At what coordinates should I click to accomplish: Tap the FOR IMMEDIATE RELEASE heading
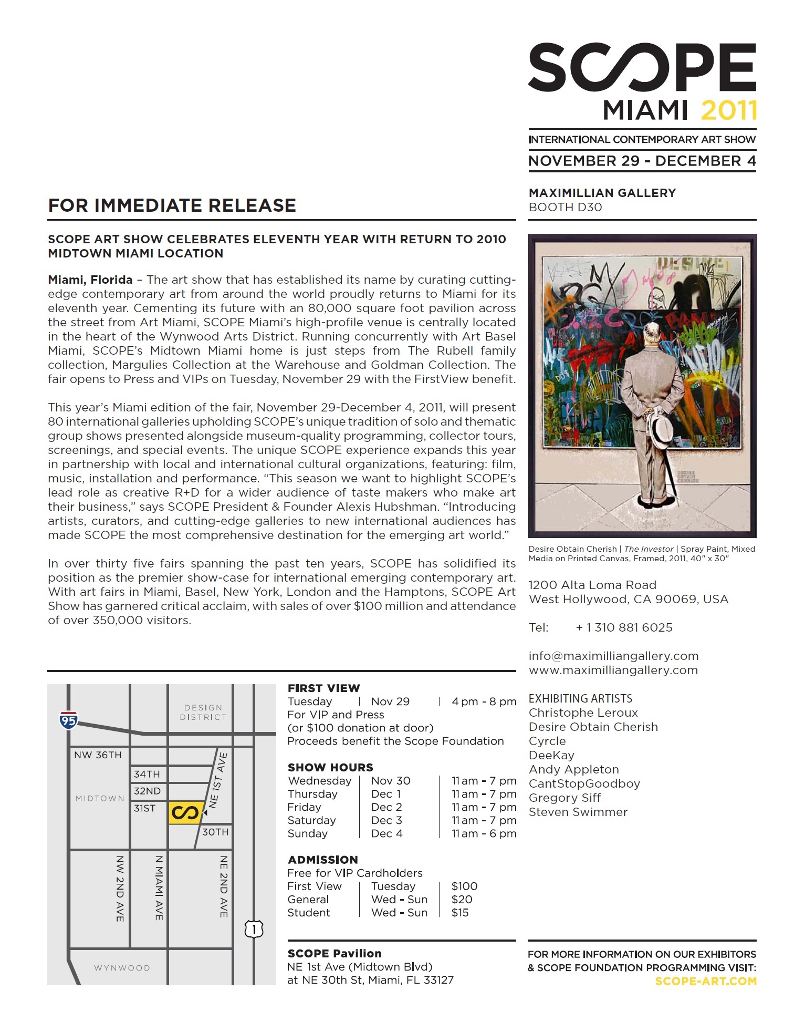172,205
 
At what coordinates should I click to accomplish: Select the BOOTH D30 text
565,208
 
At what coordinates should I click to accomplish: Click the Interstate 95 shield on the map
69,720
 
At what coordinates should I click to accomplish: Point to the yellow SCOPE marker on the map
185,812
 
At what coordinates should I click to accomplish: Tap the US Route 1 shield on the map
254,928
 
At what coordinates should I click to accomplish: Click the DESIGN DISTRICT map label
203,713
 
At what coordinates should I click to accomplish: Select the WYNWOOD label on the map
122,967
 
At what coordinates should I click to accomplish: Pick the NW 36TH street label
98,755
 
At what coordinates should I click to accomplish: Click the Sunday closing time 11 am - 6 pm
484,833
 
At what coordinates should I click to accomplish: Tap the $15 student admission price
460,913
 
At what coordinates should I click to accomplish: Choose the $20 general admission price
462,900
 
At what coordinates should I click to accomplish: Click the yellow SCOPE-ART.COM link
706,981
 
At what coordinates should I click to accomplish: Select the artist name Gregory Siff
564,798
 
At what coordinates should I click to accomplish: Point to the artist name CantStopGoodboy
584,783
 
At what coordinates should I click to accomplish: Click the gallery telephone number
624,627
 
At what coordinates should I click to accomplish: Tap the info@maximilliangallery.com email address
613,656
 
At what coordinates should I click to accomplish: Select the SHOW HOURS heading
330,767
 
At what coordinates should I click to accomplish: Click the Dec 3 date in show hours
386,820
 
